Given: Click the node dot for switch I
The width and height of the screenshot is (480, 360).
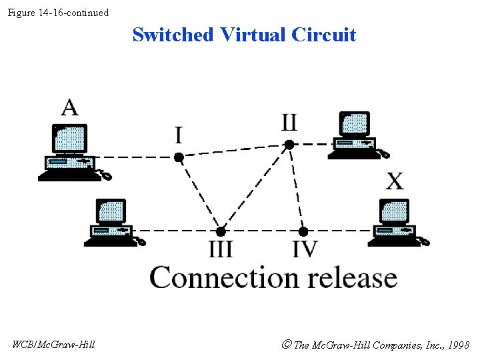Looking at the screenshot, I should [179, 157].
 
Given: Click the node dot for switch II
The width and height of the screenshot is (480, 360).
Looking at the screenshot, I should [289, 144].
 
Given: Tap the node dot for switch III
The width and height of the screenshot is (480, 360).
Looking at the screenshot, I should [221, 231].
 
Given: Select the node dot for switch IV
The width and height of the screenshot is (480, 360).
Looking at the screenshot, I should [303, 231].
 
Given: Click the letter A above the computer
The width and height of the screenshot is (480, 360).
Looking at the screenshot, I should [69, 107].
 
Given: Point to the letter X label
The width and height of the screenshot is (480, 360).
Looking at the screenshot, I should [395, 181].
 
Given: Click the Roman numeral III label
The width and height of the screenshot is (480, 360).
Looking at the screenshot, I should [221, 249].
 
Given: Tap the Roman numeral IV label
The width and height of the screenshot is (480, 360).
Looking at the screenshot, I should [305, 249].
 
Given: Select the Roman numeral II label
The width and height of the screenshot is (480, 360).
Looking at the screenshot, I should [289, 123].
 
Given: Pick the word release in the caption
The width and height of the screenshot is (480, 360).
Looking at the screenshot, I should [351, 277].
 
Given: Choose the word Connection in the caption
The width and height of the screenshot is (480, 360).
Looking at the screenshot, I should [224, 277].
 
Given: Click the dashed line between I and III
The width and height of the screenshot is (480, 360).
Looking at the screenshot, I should [199, 193].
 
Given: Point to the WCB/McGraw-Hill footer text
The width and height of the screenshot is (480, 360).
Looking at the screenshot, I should [53, 345].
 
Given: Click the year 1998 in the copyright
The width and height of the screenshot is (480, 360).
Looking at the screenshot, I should [458, 345].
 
